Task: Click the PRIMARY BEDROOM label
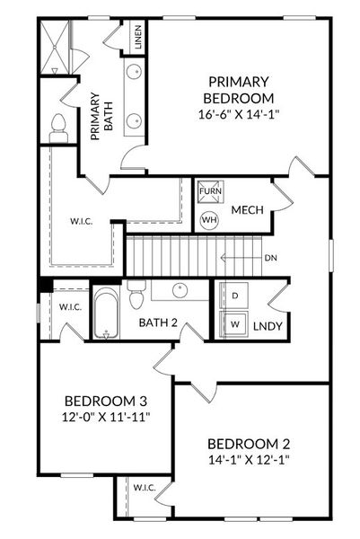pos(239,88)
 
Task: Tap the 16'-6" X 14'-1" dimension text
pos(239,114)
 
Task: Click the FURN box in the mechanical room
pos(209,192)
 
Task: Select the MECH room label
pos(247,210)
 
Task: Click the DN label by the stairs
pos(271,258)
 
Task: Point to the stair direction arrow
pos(239,258)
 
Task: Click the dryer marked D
pos(235,296)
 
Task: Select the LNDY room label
pos(268,326)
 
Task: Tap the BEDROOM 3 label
pos(106,401)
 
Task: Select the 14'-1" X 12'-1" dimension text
pos(249,459)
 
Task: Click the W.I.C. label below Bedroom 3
pos(145,488)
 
